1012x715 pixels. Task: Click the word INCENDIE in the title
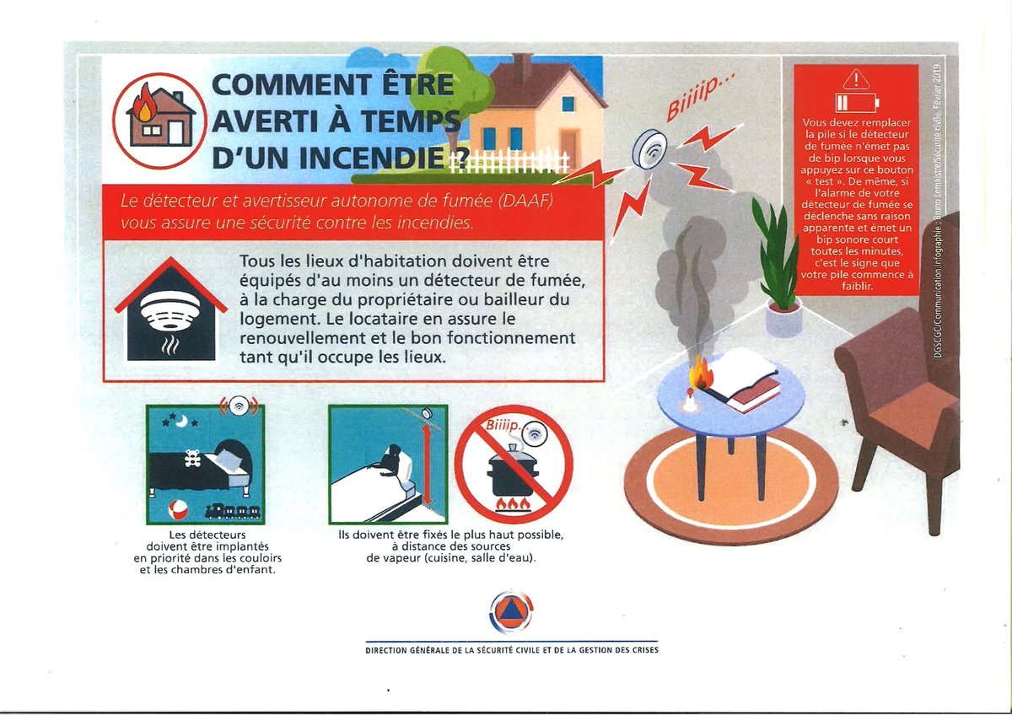pyautogui.click(x=371, y=157)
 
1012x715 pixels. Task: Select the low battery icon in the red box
pyautogui.click(x=857, y=103)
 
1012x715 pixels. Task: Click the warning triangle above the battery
pyautogui.click(x=856, y=79)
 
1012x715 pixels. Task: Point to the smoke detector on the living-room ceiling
pyautogui.click(x=649, y=148)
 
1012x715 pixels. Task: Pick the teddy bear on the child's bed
pyautogui.click(x=193, y=458)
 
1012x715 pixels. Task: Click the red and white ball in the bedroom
pyautogui.click(x=178, y=511)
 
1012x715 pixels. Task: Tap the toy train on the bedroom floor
pyautogui.click(x=233, y=511)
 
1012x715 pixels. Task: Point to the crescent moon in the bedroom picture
pyautogui.click(x=182, y=422)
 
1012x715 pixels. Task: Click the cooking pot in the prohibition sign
pyautogui.click(x=513, y=471)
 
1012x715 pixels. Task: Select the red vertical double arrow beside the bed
pyautogui.click(x=425, y=465)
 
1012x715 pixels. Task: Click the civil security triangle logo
pyautogui.click(x=512, y=613)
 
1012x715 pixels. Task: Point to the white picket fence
pyautogui.click(x=509, y=161)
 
